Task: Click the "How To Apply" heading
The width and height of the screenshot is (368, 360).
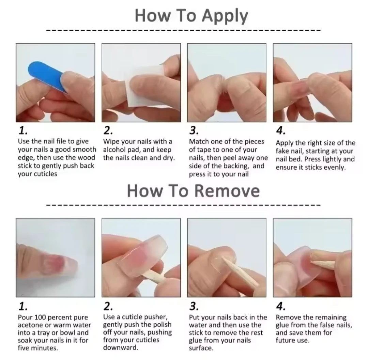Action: click(191, 16)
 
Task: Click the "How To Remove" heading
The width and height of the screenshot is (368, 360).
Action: click(194, 191)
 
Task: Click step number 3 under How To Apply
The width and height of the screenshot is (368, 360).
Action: click(194, 130)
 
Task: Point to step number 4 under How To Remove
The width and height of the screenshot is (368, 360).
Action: click(280, 306)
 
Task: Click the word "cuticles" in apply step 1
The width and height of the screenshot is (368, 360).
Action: click(46, 174)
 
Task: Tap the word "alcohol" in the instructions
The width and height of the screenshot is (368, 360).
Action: click(115, 150)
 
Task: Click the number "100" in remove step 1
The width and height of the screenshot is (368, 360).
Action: click(40, 317)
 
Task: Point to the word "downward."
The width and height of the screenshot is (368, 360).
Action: click(121, 347)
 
